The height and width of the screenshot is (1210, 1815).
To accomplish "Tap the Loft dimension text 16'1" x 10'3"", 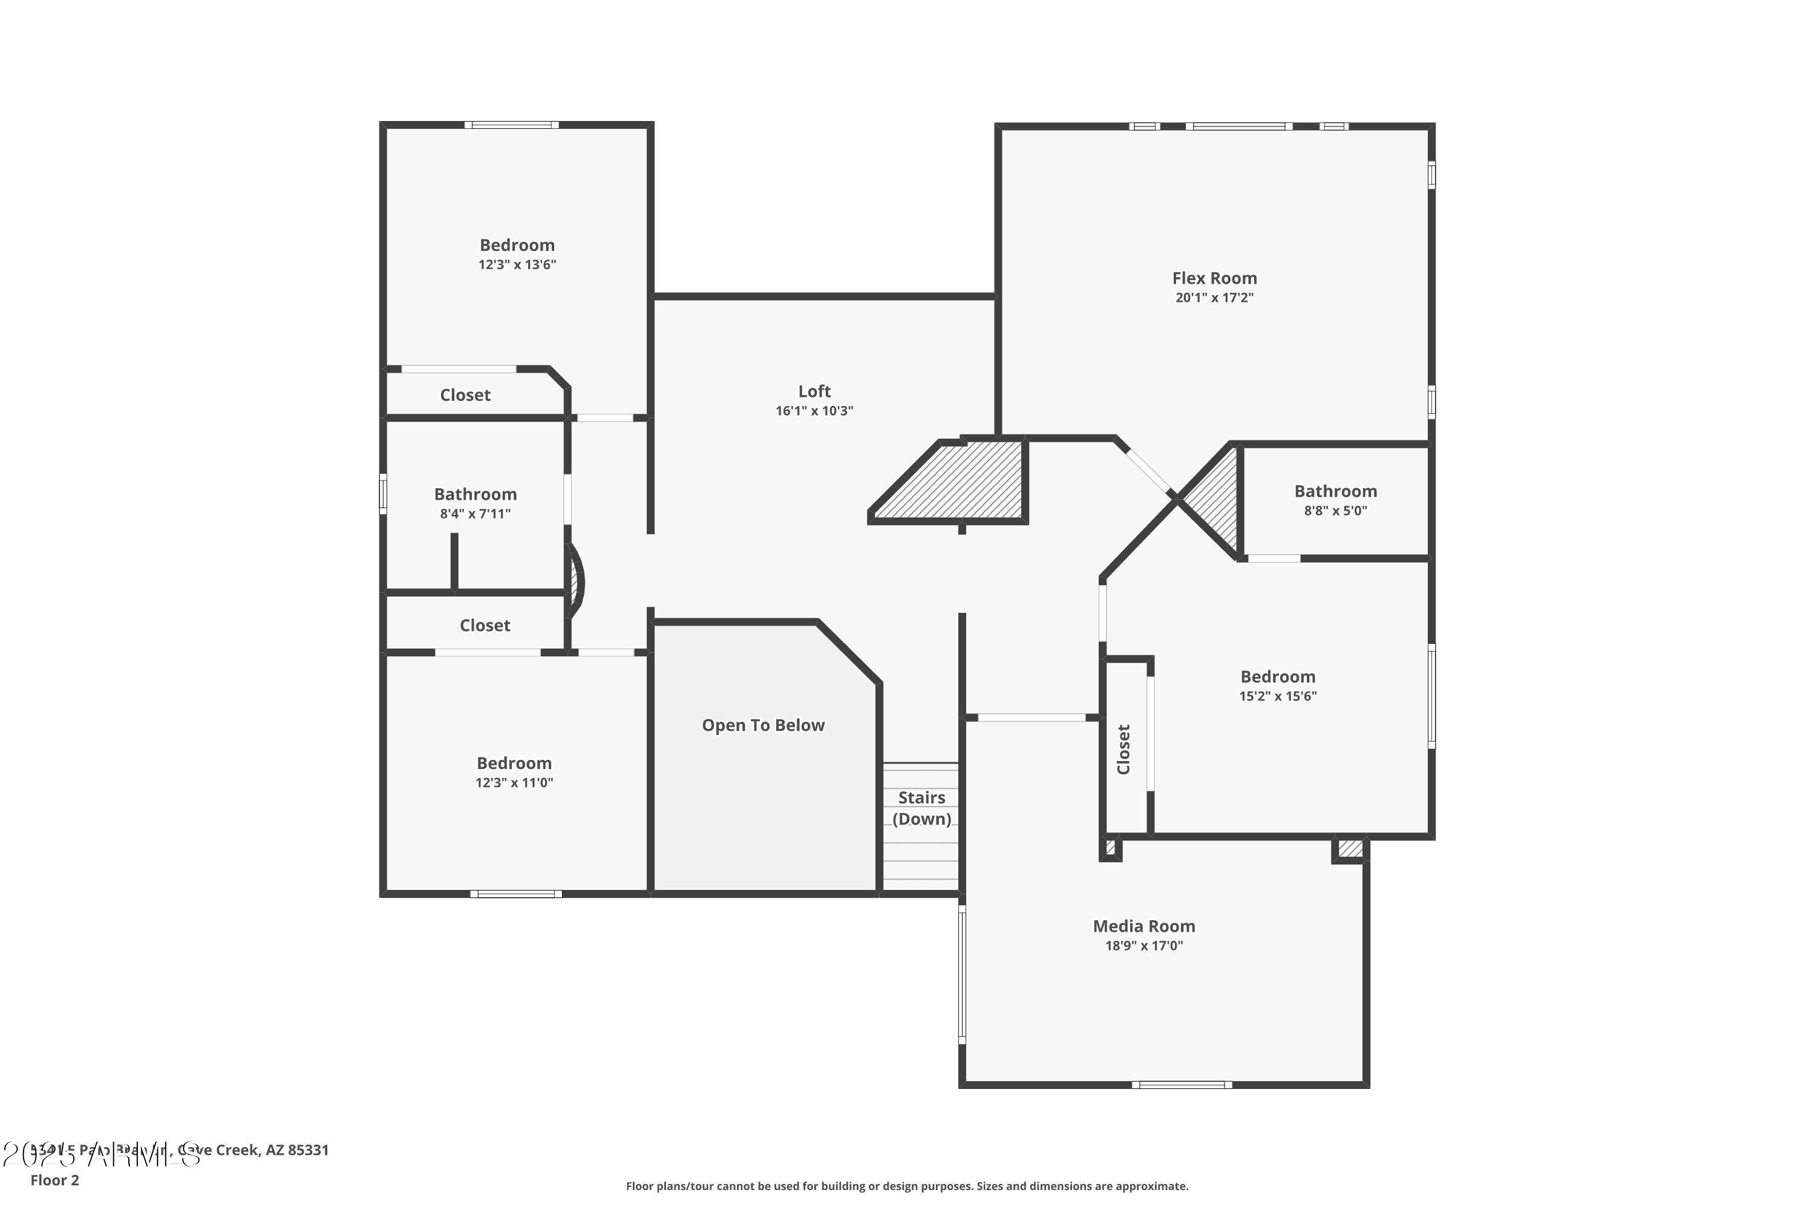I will [x=814, y=411].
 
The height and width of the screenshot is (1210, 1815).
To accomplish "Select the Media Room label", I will [x=1143, y=926].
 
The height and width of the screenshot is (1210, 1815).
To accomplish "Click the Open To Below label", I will [x=762, y=725].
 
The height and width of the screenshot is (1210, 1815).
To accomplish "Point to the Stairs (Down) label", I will [x=921, y=808].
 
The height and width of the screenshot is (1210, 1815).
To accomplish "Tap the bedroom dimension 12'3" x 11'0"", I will [x=514, y=782].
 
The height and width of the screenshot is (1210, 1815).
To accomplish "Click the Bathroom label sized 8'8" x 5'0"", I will [x=1335, y=491].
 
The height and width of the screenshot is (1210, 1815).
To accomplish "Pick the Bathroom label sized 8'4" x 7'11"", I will [x=476, y=494].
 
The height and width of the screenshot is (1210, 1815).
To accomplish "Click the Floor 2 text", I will [x=55, y=1180].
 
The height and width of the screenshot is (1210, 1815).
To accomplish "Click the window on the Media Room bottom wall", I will [x=1182, y=1085].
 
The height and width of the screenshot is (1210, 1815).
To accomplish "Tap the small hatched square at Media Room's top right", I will [x=1350, y=849].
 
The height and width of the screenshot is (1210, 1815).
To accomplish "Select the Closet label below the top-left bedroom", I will [x=465, y=395].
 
